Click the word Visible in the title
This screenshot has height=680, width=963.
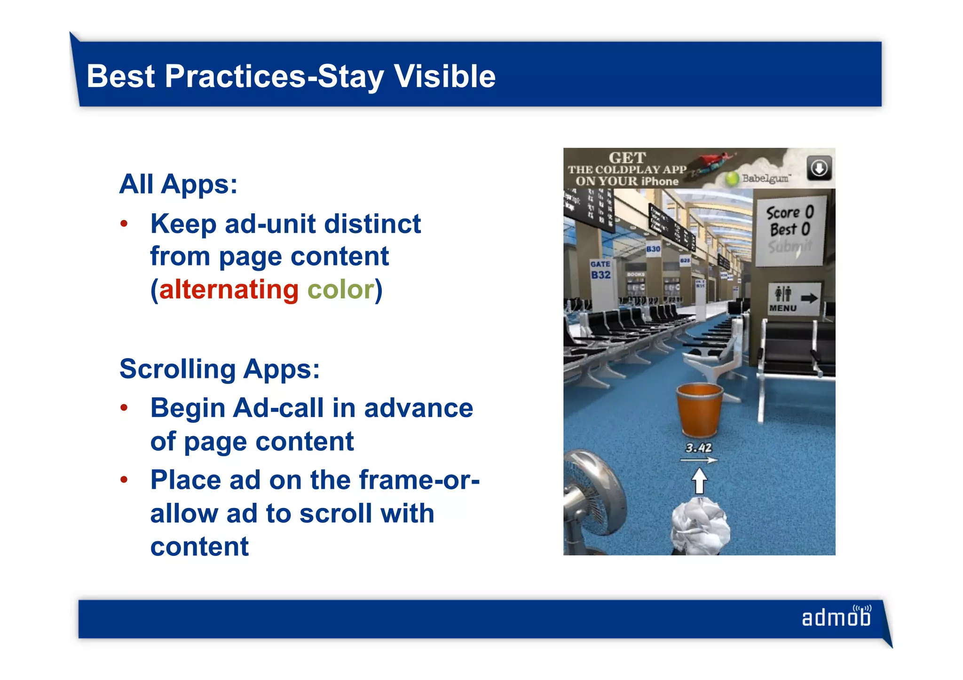coord(444,76)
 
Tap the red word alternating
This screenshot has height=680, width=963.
coord(229,289)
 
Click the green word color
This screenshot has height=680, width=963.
coord(340,289)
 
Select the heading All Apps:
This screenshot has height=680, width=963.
coord(178,184)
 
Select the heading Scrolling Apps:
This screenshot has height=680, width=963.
coord(220,369)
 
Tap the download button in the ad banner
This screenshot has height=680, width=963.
coord(819,168)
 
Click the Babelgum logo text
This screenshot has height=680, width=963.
coord(766,179)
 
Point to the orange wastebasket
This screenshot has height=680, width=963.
coord(699,409)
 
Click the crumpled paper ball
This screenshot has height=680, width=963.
coord(700,526)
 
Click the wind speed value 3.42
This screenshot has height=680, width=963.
coord(698,448)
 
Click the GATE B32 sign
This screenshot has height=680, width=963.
coord(600,270)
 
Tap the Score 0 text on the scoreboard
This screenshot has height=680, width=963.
coord(789,213)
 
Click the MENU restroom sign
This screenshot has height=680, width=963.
coord(793,299)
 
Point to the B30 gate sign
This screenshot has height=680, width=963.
coord(653,249)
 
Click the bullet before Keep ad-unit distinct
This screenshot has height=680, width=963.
coord(124,224)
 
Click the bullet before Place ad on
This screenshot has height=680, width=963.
coord(124,480)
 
